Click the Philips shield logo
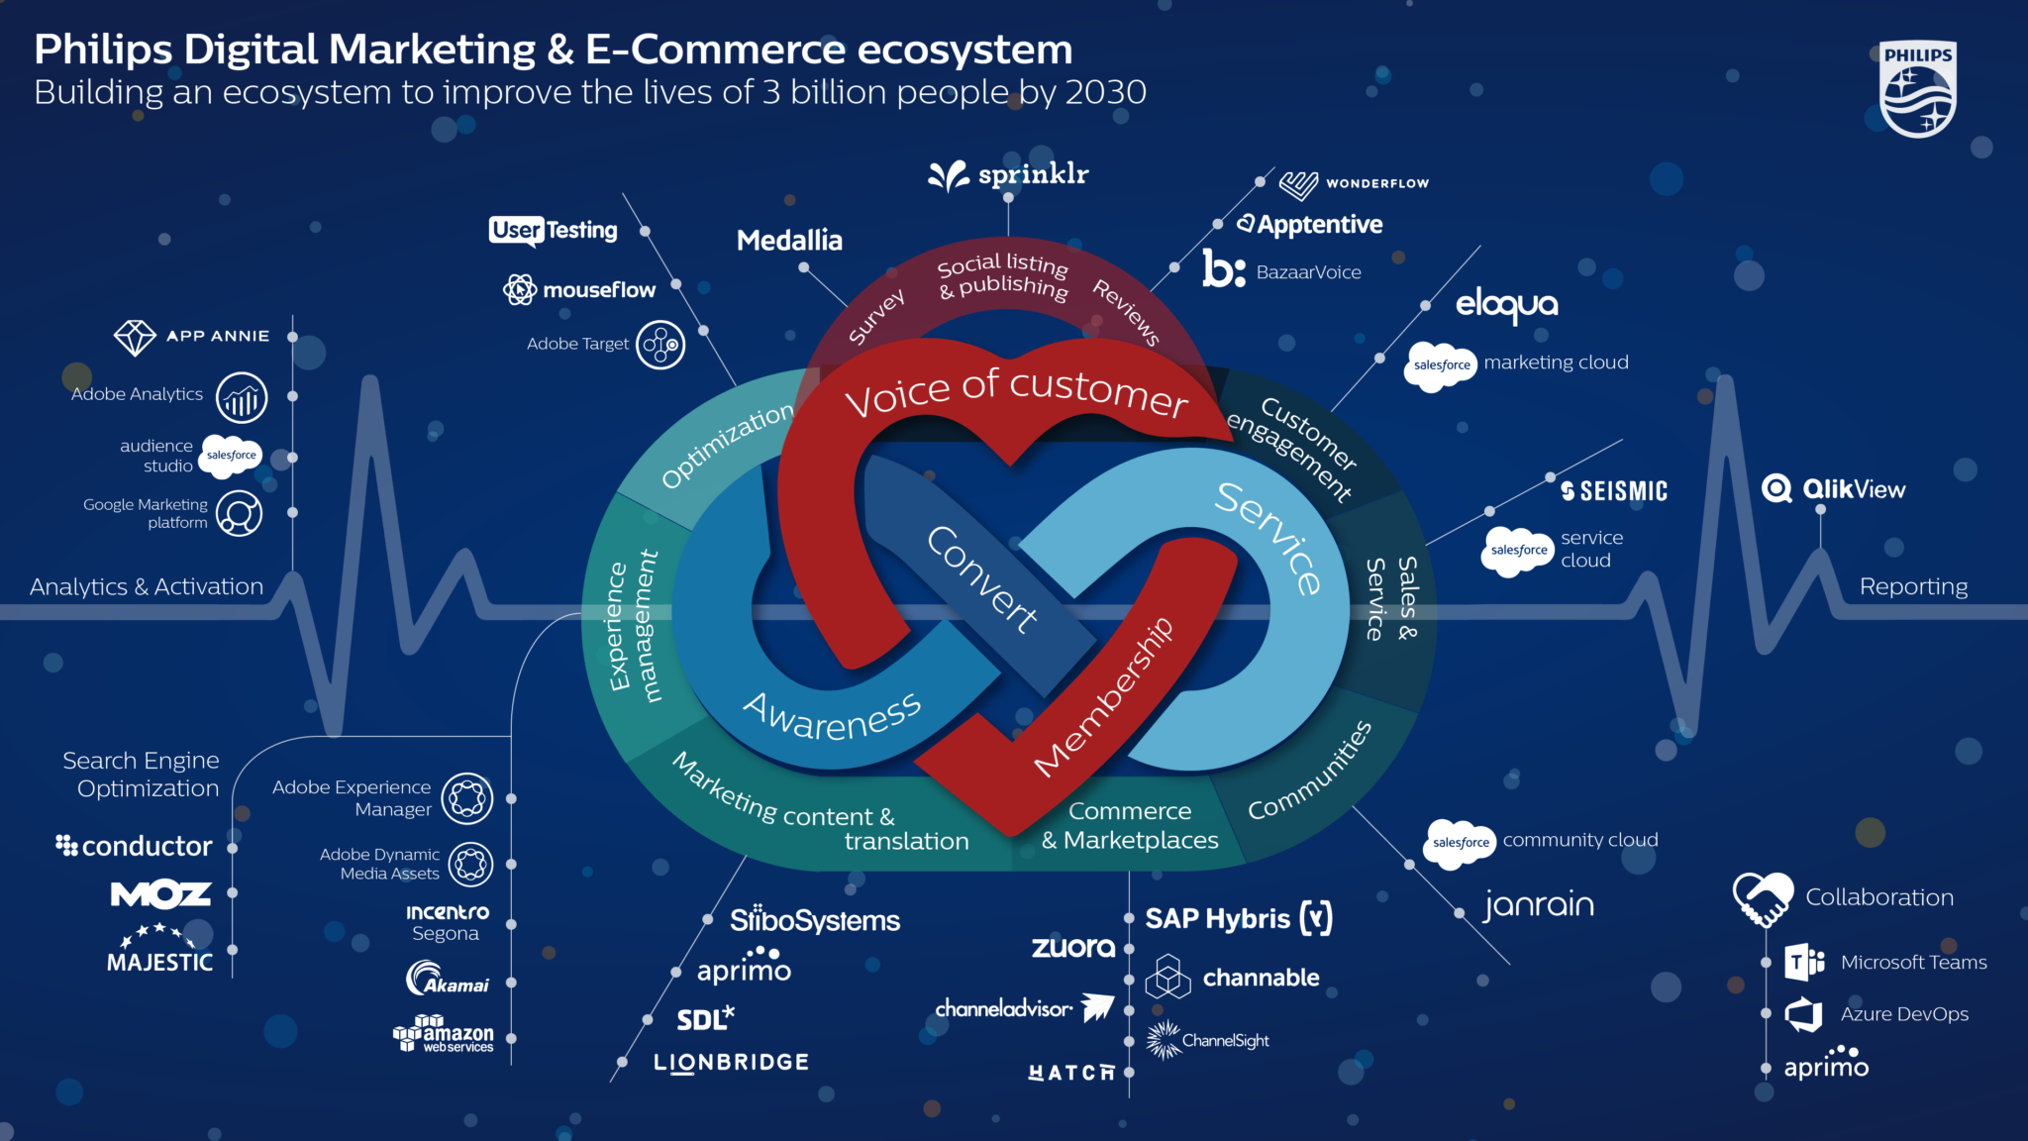coord(1917,89)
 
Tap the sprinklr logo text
coord(1032,175)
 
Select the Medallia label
coord(789,240)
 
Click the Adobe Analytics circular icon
coord(242,397)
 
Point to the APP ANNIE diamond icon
coord(135,337)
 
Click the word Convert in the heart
coord(981,578)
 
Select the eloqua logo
coord(1506,305)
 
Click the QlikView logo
coord(1833,488)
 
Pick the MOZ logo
coord(160,894)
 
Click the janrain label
coord(1538,904)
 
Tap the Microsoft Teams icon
coord(1803,962)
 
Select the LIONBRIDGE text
coord(731,1063)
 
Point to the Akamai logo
coord(448,979)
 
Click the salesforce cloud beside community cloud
coord(1461,843)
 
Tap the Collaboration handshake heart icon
coord(1763,897)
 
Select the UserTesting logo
coord(553,230)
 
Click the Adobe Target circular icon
coord(660,345)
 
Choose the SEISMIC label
coord(1614,491)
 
